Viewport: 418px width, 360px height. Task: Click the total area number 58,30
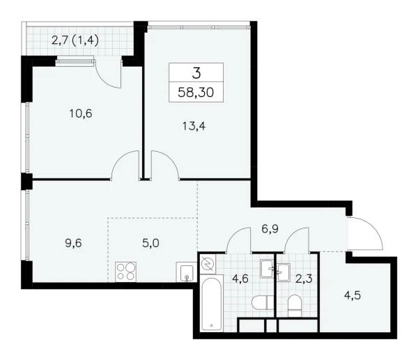tap(196, 91)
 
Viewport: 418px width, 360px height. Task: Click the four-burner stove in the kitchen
tap(127, 272)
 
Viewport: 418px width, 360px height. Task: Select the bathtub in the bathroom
tap(209, 306)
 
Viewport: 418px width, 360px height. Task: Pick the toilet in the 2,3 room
tap(294, 305)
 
